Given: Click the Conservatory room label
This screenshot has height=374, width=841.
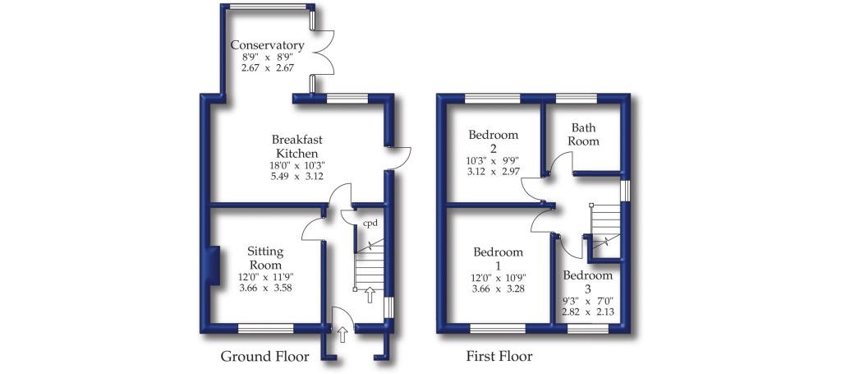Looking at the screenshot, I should tap(267, 45).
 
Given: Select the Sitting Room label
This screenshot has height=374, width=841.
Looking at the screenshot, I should tap(265, 259).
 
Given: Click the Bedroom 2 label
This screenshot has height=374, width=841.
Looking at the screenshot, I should tap(493, 141).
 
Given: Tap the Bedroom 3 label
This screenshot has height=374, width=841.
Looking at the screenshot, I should tap(588, 281).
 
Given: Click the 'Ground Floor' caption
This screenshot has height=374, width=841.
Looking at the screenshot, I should tap(264, 357).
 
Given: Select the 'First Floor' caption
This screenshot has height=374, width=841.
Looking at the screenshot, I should tap(499, 357).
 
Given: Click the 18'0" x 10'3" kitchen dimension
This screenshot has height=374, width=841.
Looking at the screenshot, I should tap(296, 165).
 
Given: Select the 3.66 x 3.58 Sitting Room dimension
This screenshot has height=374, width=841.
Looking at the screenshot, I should tap(265, 288).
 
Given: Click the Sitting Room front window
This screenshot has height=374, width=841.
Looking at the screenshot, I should tap(265, 329).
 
